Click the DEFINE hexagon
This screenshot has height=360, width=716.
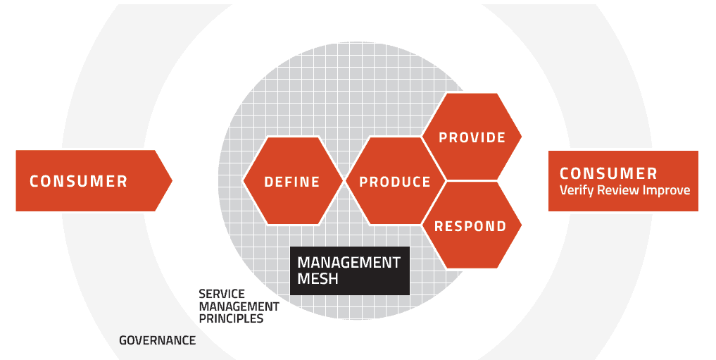click(x=292, y=180)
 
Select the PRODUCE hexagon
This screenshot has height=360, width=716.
click(x=395, y=180)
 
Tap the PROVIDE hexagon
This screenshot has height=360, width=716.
click(x=472, y=137)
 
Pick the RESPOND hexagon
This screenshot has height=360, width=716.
click(x=472, y=225)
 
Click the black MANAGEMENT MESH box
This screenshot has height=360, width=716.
click(x=350, y=271)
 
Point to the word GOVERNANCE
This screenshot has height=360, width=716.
click(x=158, y=340)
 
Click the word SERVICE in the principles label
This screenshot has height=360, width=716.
click(x=222, y=294)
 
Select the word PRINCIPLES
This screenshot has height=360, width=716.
click(x=231, y=318)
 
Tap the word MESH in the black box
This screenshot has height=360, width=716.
click(x=318, y=279)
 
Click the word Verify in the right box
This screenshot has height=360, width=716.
click(x=573, y=190)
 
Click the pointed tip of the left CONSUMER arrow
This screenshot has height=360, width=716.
click(x=172, y=180)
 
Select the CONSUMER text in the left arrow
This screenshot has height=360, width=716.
click(x=79, y=181)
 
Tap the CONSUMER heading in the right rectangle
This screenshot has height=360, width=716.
click(x=609, y=173)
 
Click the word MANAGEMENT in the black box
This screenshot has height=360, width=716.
click(x=349, y=263)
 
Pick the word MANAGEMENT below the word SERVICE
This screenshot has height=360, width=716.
click(x=239, y=306)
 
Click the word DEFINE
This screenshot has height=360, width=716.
click(x=292, y=182)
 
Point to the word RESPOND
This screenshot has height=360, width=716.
click(x=470, y=226)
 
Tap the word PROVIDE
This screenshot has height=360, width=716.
click(x=472, y=137)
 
